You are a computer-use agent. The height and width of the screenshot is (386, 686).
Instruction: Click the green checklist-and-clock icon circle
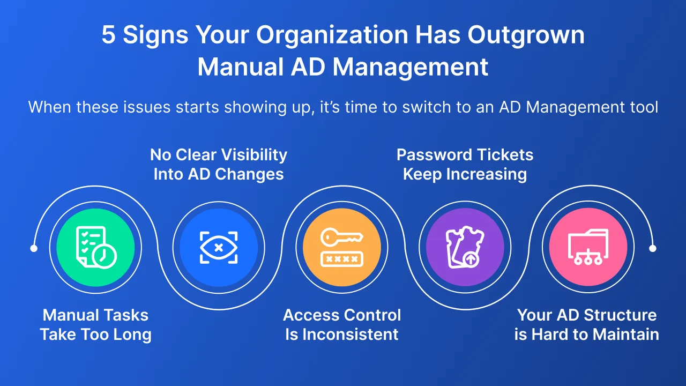coord(95,247)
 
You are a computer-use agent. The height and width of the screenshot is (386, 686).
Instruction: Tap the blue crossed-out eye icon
coord(219,247)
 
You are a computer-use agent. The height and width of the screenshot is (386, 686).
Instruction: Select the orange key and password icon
coord(342,247)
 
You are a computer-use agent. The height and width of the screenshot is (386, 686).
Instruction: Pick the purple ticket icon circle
coord(465,247)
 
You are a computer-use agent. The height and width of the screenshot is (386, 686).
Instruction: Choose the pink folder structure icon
coord(588,247)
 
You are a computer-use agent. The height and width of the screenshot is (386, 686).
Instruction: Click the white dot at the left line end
coord(34,248)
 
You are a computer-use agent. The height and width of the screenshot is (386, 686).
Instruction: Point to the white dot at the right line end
coord(653,248)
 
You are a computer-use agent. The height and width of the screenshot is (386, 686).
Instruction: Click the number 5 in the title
coord(108,36)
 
